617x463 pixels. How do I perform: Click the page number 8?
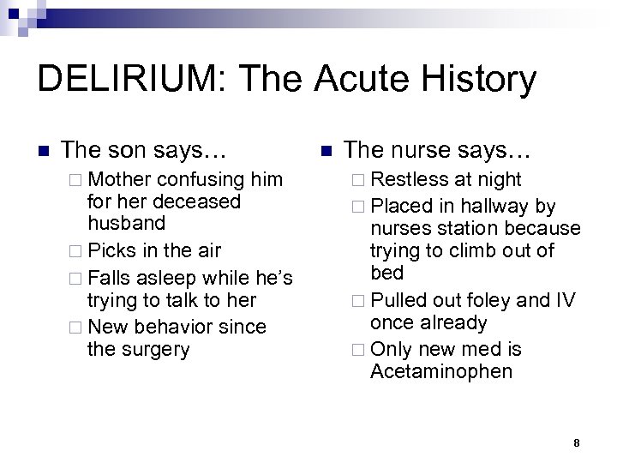click(577, 443)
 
